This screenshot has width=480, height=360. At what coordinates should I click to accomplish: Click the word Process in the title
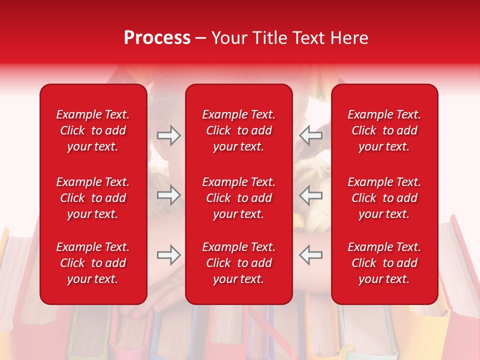157,38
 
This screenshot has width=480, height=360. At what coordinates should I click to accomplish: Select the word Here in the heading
349,38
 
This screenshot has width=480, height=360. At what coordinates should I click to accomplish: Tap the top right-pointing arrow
169,135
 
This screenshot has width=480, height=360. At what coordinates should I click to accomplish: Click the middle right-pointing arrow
169,195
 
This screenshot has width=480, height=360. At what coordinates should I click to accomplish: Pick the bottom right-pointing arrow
169,254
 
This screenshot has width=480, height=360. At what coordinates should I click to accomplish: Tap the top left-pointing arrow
311,135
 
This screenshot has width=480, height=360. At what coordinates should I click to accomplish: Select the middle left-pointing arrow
311,195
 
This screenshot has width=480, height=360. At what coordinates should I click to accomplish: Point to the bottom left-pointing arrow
311,254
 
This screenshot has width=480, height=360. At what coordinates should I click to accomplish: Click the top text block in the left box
93,130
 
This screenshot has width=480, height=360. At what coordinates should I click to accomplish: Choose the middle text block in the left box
93,198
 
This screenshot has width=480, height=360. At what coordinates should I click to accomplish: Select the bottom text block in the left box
93,263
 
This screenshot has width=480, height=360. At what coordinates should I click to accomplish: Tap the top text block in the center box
239,130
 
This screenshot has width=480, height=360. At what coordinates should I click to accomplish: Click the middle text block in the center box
239,198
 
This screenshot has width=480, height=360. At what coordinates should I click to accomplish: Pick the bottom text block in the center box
239,263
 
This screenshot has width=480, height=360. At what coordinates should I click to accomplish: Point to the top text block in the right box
384,130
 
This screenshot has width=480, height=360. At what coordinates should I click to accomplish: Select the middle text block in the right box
384,198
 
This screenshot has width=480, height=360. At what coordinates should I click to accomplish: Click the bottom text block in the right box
384,263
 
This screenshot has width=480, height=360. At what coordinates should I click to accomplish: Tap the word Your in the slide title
229,38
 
